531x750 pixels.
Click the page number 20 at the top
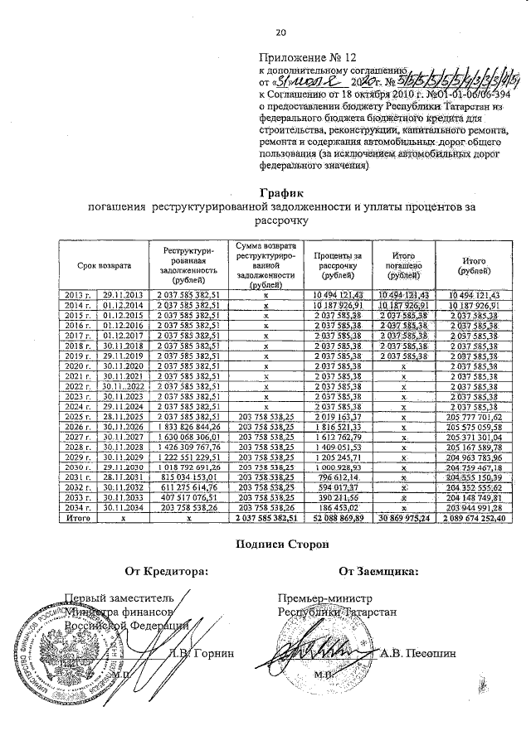click(280, 32)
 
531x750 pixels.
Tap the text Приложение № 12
click(300, 59)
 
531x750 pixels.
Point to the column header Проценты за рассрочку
click(339, 264)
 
